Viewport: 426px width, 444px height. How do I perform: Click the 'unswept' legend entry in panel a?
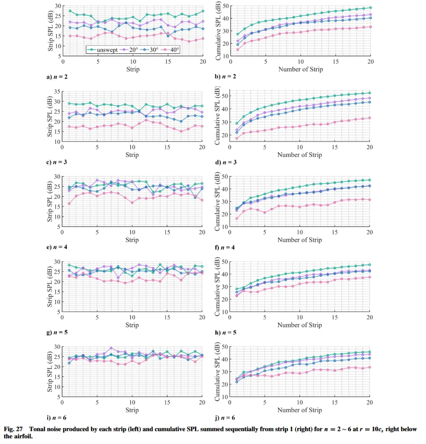(x=102, y=50)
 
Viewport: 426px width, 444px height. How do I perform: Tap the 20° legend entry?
(x=129, y=50)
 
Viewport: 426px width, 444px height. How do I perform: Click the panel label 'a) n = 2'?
(x=57, y=77)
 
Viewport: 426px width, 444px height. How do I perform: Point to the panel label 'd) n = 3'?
(x=226, y=162)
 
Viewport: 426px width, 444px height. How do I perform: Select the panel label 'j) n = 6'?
(x=225, y=418)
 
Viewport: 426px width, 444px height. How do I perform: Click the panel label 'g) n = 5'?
(x=57, y=332)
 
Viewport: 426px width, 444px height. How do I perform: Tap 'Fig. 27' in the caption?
(x=13, y=429)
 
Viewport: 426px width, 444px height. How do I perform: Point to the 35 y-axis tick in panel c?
(x=57, y=91)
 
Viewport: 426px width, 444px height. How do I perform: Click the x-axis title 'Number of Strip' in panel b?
(x=301, y=69)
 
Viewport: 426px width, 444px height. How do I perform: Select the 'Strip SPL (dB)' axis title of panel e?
(x=50, y=202)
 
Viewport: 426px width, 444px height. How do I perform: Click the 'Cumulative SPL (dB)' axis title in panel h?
(x=217, y=287)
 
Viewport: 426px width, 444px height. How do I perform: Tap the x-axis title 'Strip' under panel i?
(x=132, y=410)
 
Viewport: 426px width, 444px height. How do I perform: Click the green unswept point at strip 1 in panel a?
(x=70, y=11)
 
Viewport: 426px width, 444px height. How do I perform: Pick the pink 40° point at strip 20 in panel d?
(x=370, y=118)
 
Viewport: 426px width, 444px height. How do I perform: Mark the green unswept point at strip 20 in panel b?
(x=370, y=7)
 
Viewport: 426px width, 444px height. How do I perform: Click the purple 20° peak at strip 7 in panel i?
(x=111, y=348)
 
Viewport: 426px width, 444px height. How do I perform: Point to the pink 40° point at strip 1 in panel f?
(x=237, y=218)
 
